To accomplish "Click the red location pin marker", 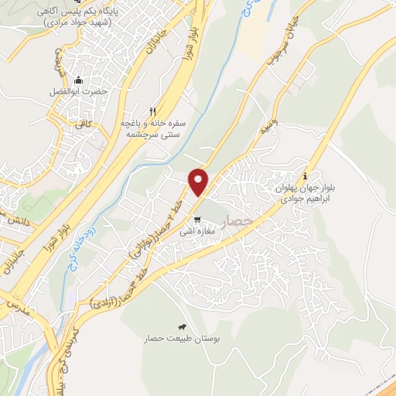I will [x=199, y=182].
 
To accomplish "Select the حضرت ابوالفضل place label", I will [x=79, y=92].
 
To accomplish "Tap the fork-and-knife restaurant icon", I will [x=153, y=111].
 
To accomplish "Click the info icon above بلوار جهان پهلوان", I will [x=306, y=175].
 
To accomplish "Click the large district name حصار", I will [x=236, y=220].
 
